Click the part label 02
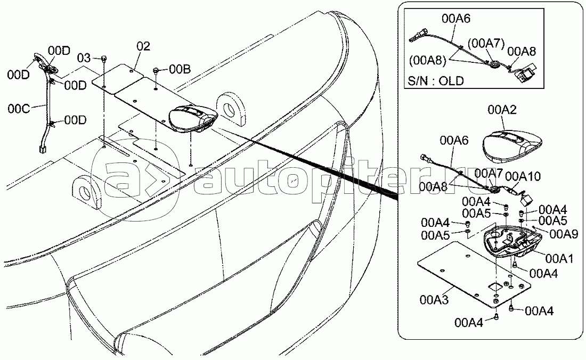(143, 46)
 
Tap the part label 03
(84, 58)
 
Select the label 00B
(180, 69)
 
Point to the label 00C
(19, 109)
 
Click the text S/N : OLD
(436, 80)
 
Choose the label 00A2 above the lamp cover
(502, 110)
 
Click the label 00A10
(523, 176)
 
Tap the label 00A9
(564, 234)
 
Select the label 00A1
(559, 258)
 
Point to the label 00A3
(434, 299)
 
